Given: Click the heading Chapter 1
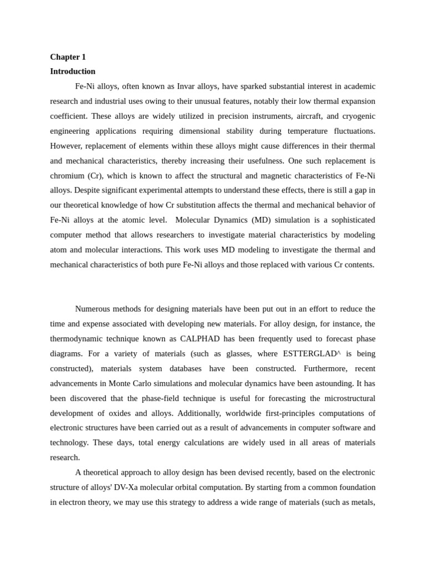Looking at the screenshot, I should [x=68, y=57].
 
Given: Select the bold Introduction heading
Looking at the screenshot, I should [x=73, y=72].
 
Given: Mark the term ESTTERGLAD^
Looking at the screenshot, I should [x=312, y=354].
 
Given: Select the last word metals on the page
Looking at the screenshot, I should [x=363, y=503].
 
